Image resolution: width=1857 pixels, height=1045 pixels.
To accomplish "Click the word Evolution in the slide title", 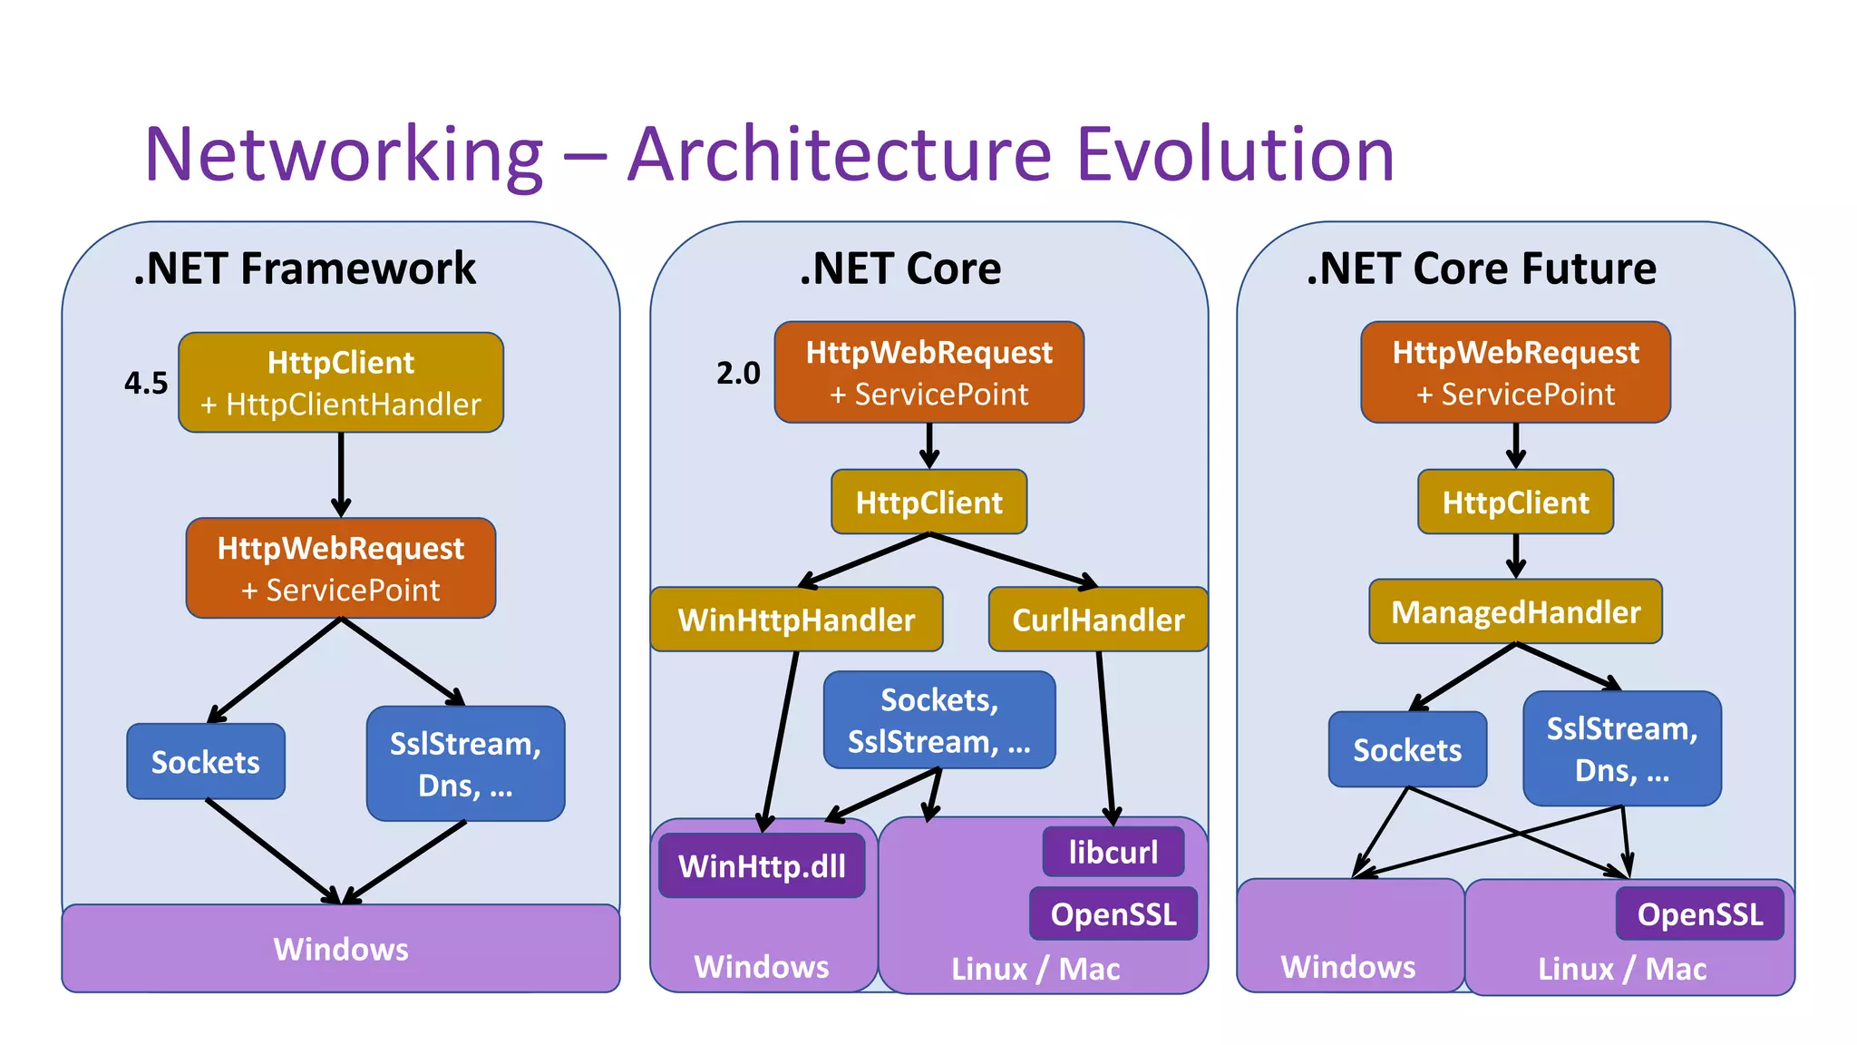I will [1235, 154].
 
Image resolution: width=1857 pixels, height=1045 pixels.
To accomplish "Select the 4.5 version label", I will [146, 383].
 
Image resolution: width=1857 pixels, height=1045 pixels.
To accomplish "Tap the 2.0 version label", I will [738, 373].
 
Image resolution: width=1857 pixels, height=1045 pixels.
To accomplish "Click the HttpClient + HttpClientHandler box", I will [341, 383].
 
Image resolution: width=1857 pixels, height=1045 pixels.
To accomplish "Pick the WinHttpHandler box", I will [796, 620].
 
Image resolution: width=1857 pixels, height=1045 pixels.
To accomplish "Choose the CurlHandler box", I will [1098, 620].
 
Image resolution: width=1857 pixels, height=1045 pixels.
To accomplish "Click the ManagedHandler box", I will [1515, 612].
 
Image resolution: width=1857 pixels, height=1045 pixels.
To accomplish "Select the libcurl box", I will [1113, 852].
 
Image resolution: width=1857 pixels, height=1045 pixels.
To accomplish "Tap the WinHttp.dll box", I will [762, 866].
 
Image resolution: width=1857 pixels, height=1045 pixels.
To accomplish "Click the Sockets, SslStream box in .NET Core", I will [939, 720].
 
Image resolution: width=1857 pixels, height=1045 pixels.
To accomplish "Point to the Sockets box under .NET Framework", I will [206, 762].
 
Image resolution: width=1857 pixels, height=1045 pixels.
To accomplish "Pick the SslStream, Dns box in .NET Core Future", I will [1621, 749].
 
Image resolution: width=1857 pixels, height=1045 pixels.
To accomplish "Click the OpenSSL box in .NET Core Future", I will [1699, 914].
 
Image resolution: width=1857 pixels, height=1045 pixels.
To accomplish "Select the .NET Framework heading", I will [305, 269].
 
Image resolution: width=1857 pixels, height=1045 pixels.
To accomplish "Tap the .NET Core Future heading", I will [1481, 269].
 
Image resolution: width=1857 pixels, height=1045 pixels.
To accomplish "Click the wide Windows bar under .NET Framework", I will [341, 949].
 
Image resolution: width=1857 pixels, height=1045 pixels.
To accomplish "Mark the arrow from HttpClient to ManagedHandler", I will [1515, 555].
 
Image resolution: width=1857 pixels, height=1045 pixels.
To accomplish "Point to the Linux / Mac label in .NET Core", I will [1035, 969].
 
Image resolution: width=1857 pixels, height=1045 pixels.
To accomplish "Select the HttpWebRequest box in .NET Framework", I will [341, 569].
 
